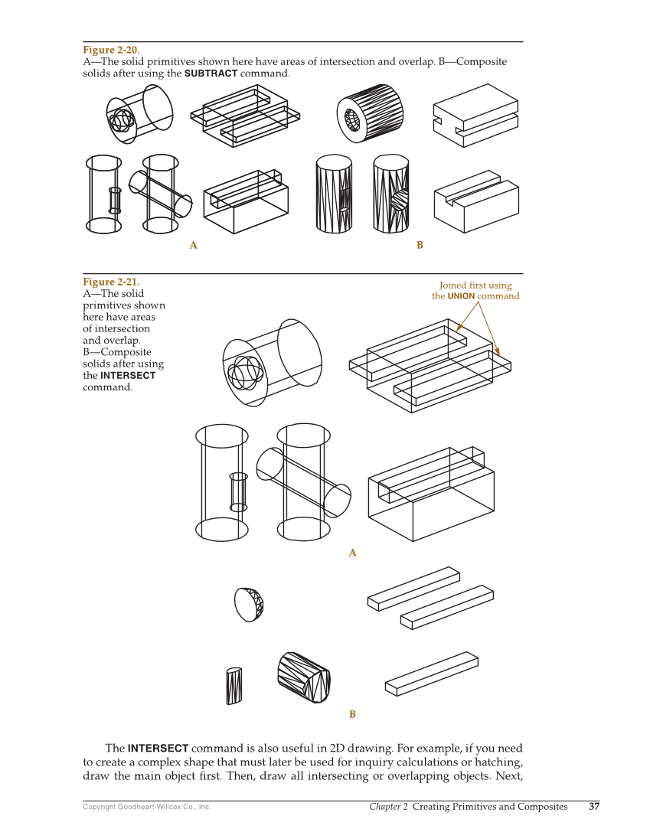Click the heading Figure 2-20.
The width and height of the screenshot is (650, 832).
[111, 50]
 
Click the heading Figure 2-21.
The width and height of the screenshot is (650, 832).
[111, 282]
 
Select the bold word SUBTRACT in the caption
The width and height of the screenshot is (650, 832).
[211, 73]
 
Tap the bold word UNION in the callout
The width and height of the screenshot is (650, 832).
[461, 296]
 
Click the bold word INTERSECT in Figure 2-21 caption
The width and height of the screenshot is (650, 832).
[128, 376]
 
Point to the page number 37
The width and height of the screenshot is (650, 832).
[594, 806]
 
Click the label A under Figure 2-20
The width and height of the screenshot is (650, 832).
[194, 246]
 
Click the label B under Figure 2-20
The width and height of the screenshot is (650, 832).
[420, 246]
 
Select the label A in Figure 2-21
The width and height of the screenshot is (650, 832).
[352, 553]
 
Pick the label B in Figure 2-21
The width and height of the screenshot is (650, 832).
[352, 714]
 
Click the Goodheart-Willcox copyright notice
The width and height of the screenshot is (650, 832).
[146, 807]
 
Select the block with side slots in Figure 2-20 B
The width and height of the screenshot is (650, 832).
[475, 115]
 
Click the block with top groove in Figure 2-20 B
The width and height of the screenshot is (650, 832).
[476, 201]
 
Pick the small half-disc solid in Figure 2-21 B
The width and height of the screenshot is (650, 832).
[249, 604]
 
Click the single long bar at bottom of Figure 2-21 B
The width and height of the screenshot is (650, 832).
[432, 674]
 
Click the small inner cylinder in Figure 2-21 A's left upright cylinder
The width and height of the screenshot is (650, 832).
[238, 491]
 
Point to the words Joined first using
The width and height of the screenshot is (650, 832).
[475, 285]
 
